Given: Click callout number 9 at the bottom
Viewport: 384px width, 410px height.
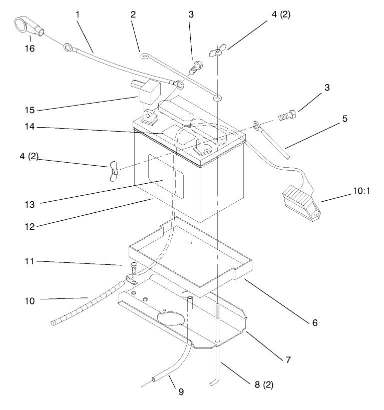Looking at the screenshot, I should (x=181, y=391).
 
